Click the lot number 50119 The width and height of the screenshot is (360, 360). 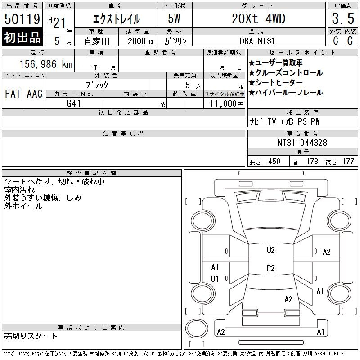(22, 19)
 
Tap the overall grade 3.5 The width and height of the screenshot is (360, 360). (343, 18)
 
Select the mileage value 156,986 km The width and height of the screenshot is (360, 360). (46, 64)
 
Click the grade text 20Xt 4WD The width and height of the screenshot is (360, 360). (258, 18)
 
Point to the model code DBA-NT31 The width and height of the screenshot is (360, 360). (257, 41)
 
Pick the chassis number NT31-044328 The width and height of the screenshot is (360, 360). (302, 143)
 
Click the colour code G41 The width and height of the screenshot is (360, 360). (74, 103)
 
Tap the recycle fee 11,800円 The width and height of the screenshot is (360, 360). (226, 104)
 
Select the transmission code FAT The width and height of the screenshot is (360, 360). (13, 94)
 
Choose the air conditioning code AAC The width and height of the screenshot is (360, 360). (35, 94)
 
